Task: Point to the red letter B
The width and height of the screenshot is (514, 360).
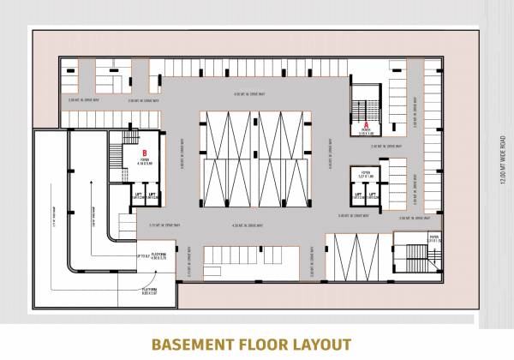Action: [x=145, y=153]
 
